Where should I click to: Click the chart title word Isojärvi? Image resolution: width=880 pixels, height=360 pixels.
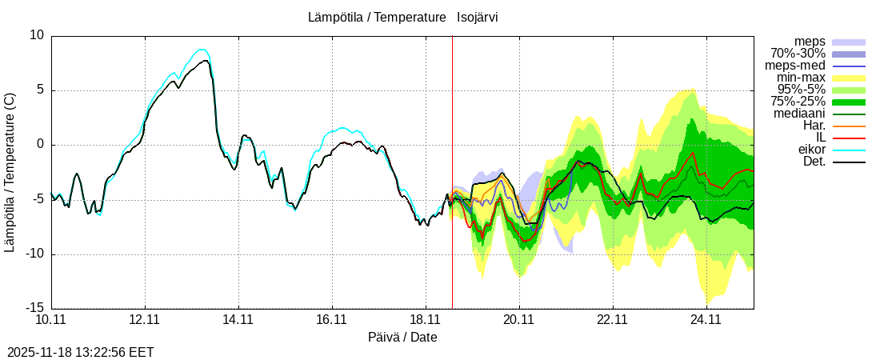click(478, 17)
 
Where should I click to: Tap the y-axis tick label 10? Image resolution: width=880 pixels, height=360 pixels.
click(37, 35)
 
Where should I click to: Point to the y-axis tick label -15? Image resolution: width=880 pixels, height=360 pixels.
click(34, 309)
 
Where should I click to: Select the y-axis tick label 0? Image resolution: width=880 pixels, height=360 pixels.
click(40, 145)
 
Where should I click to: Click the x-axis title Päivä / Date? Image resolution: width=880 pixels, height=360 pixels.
click(402, 337)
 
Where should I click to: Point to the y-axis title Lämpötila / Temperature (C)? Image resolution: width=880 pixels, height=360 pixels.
click(10, 172)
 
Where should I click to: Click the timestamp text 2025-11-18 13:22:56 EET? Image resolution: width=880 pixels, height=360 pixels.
click(80, 352)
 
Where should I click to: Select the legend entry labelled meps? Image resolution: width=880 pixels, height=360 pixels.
click(810, 42)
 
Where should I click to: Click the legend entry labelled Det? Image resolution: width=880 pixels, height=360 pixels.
click(814, 162)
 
